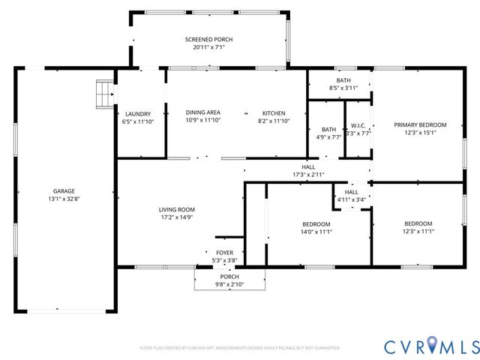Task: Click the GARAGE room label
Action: coord(63,191)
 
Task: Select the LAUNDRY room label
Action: coord(138,114)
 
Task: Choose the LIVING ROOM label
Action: coord(177,209)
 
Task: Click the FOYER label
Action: coord(224,252)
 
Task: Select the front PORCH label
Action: coord(229,277)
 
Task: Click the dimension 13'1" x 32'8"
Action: coord(63,199)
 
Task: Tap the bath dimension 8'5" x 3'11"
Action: coord(343,88)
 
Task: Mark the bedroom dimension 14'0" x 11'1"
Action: coord(316,232)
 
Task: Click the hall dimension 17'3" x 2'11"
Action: coord(308,174)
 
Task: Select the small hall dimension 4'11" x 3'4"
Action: coord(351,199)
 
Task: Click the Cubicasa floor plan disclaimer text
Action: coord(240,348)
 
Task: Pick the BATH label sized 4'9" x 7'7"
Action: coord(328,129)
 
